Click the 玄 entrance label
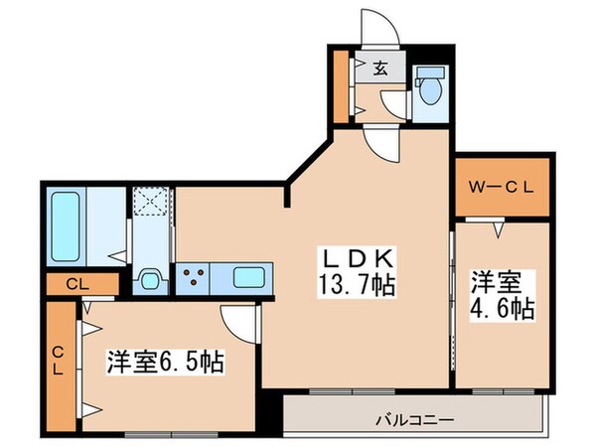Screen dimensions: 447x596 381,70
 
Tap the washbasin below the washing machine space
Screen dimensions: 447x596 152,279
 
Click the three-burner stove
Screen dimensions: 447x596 195,275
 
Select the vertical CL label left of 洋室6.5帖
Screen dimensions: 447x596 60,360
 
